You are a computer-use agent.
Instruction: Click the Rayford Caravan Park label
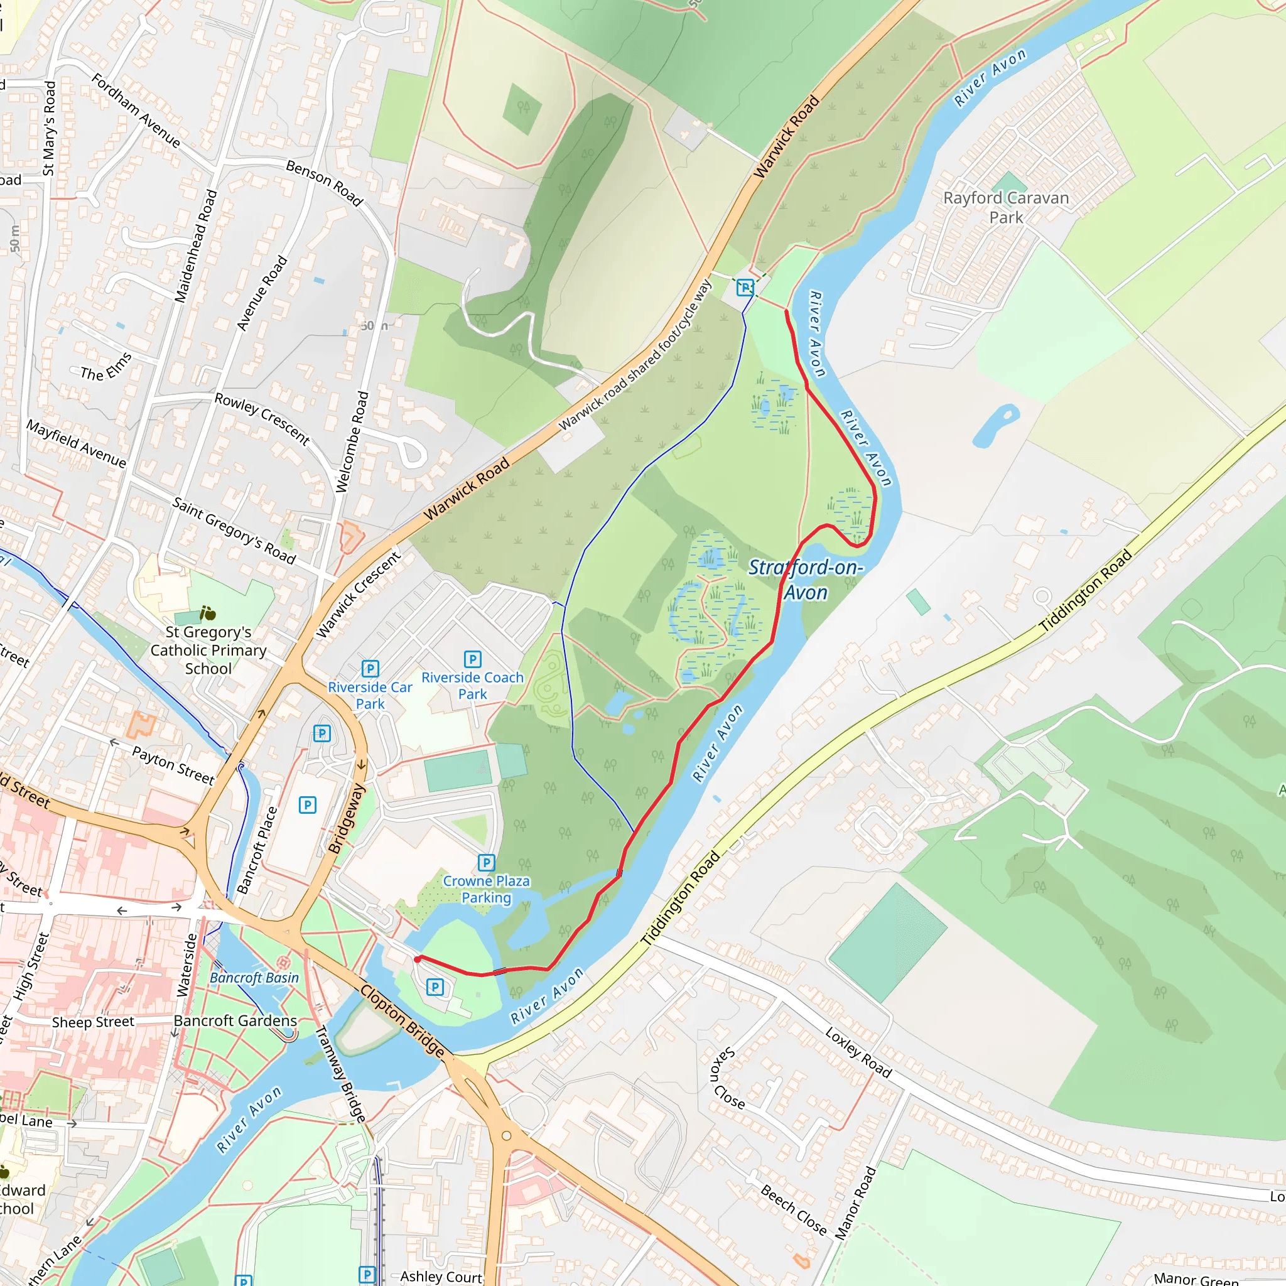1006,208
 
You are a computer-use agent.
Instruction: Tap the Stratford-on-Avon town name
806,580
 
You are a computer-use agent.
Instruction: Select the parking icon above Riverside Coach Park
473,659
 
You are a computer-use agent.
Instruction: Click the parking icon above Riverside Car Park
370,668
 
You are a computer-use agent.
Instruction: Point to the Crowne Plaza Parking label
487,889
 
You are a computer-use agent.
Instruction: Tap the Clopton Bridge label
402,1020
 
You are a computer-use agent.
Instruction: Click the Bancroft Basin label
254,978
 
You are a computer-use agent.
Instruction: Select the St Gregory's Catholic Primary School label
208,651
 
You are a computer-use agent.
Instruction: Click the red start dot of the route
418,959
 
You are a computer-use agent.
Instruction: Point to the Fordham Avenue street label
136,111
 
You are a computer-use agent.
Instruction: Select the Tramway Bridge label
340,1074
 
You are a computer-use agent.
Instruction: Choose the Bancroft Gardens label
235,1021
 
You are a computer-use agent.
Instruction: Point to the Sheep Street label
93,1022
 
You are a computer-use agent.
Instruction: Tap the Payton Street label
173,765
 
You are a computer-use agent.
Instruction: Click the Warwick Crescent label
358,595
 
